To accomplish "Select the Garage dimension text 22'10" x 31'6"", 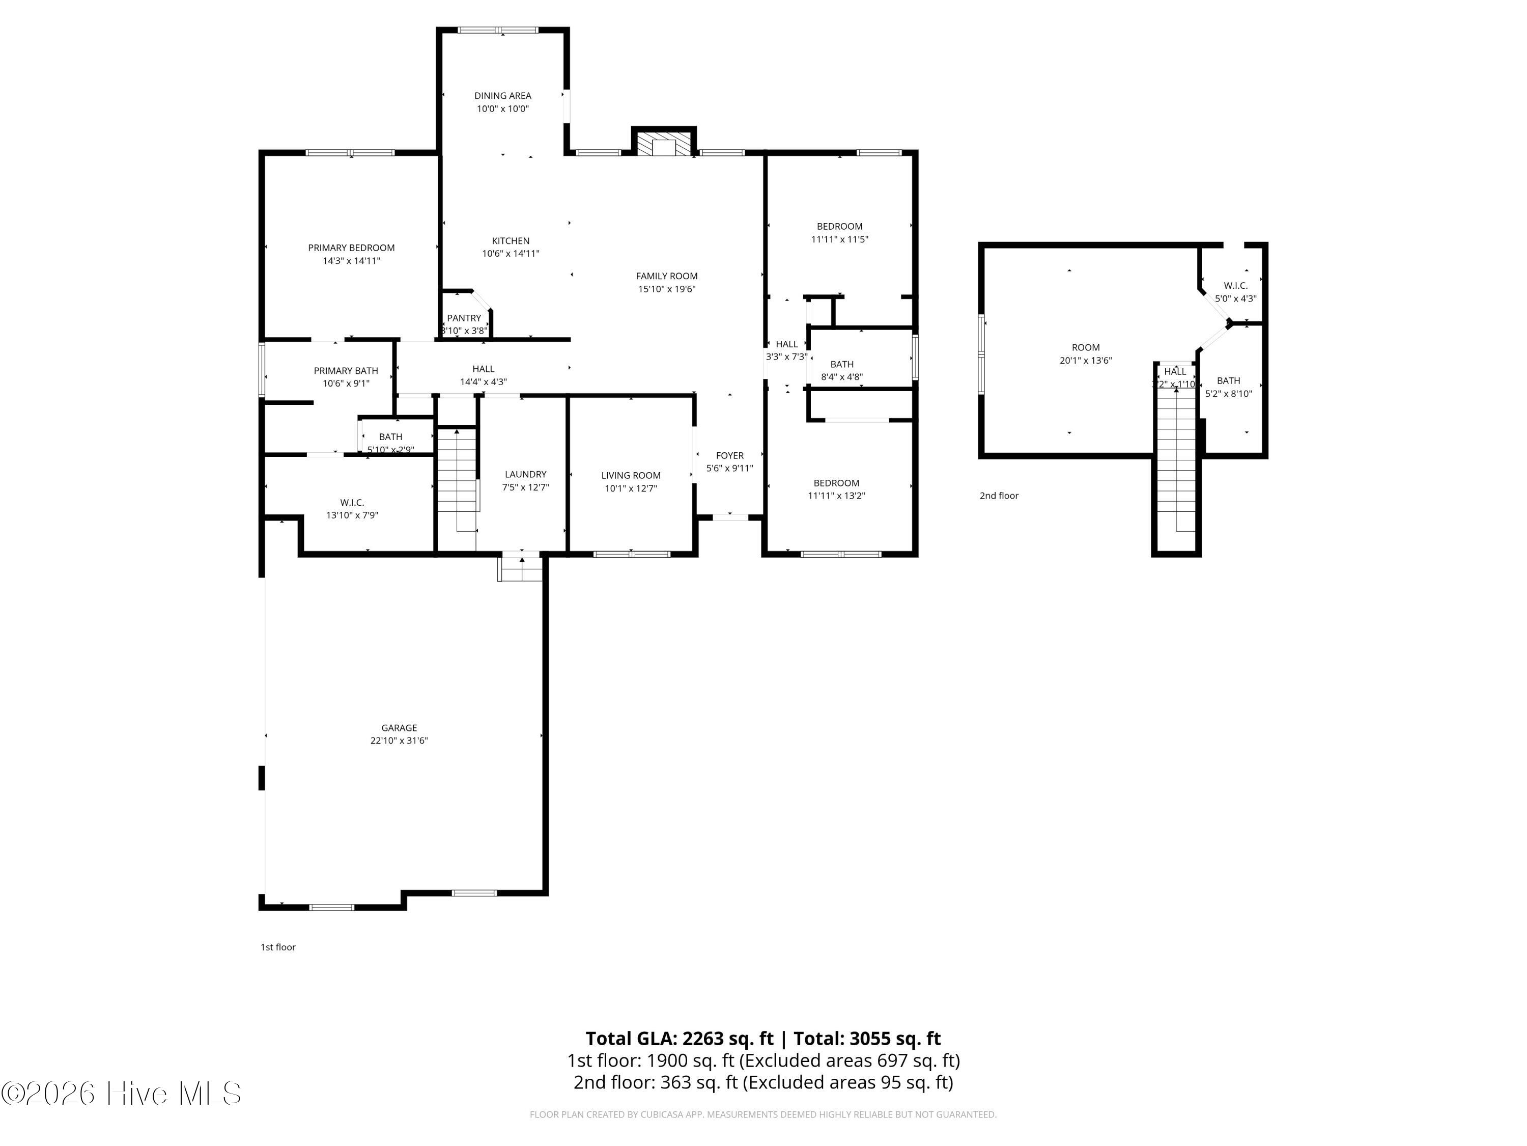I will coord(399,741).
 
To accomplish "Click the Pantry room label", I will coord(464,318).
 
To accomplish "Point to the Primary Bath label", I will coord(346,371).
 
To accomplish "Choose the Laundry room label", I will coord(525,474).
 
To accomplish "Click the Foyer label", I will coord(730,455).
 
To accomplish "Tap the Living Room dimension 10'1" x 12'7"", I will coord(631,488).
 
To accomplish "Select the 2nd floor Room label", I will coord(1085,347).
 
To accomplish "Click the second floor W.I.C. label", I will coord(1235,285).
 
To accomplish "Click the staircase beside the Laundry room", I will coord(457,477).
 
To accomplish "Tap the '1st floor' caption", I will coord(277,947).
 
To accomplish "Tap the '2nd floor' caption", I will coord(999,495).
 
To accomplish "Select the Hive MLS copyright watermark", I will coord(122,1094).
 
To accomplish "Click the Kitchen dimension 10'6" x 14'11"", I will coord(511,254).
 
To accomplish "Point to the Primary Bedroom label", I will coord(351,248).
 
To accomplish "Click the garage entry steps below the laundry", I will coord(521,568).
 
